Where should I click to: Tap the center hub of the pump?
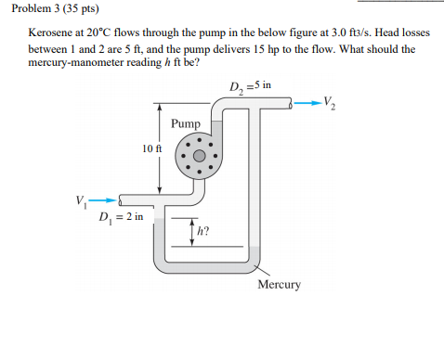pyautogui.click(x=199, y=156)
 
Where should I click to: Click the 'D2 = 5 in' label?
pyautogui.click(x=251, y=88)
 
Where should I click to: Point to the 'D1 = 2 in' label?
pyautogui.click(x=122, y=217)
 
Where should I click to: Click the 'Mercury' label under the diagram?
pyautogui.click(x=279, y=285)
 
